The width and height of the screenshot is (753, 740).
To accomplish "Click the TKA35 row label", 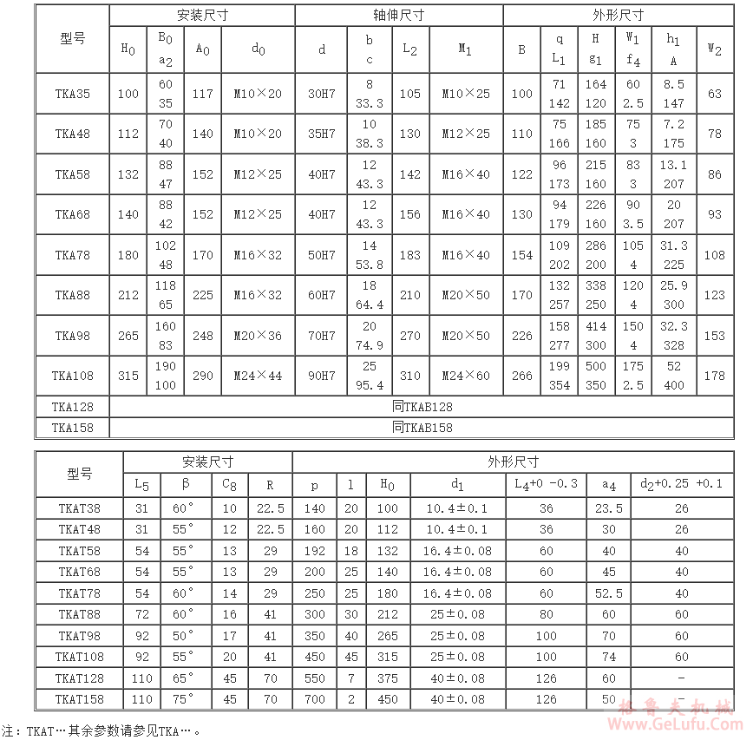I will [73, 94].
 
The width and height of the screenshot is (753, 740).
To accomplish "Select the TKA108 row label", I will [73, 376].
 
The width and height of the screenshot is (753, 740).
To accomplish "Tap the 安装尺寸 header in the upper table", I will [202, 16].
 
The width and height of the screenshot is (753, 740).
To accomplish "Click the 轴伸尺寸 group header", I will [399, 16].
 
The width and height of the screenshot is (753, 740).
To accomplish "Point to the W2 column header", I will [714, 49].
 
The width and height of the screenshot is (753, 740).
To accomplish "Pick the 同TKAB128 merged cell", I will [422, 406].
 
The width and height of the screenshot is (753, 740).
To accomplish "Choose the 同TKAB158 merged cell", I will [422, 427].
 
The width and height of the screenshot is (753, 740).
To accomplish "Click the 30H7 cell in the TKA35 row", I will [322, 94].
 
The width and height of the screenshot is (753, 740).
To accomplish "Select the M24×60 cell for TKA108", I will [466, 376].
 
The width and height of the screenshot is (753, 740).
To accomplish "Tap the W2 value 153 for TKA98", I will [714, 336].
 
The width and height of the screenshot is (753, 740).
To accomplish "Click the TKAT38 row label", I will [79, 508].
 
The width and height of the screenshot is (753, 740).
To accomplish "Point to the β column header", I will [184, 484].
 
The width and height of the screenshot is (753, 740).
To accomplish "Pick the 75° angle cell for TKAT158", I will [184, 699].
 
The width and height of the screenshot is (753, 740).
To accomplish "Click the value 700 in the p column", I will [314, 699].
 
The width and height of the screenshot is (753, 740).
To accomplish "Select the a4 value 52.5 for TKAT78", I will [609, 593].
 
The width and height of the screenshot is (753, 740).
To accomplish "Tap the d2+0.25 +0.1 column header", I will [681, 484].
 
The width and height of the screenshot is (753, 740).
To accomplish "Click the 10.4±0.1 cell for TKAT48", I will [457, 529].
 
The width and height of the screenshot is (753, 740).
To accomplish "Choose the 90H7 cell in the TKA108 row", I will [322, 376].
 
